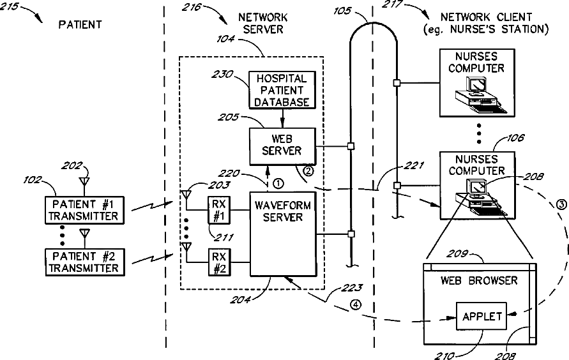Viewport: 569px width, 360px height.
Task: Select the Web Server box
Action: pyautogui.click(x=282, y=146)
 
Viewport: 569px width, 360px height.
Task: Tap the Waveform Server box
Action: pyautogui.click(x=282, y=231)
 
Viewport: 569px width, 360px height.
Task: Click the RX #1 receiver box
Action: pyautogui.click(x=218, y=210)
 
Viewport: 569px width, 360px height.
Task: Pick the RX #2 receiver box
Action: pyautogui.click(x=218, y=262)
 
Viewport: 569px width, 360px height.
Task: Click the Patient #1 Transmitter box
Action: pyautogui.click(x=83, y=209)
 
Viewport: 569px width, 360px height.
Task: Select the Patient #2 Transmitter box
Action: pyautogui.click(x=83, y=262)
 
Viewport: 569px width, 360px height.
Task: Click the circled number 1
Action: pyautogui.click(x=277, y=183)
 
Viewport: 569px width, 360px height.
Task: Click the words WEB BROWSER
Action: pyautogui.click(x=479, y=280)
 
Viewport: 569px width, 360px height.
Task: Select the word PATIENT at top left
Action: pyautogui.click(x=80, y=25)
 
